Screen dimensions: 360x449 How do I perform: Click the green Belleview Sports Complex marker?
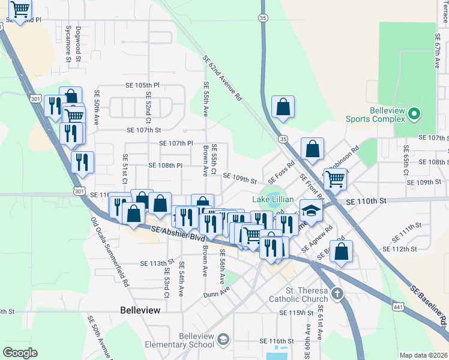tap(414, 113)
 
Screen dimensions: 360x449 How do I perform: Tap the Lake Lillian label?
tap(273, 199)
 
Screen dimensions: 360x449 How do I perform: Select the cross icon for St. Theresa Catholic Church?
tap(337, 294)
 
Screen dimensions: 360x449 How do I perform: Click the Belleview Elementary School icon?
tap(223, 340)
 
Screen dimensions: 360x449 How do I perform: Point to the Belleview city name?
tap(140, 310)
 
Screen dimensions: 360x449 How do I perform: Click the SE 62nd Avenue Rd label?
tap(221, 77)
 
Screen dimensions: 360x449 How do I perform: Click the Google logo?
tap(20, 353)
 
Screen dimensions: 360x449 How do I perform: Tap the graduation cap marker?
tap(311, 211)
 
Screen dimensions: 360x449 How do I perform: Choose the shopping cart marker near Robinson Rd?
tap(335, 178)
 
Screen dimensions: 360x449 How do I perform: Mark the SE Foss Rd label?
tap(282, 172)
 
